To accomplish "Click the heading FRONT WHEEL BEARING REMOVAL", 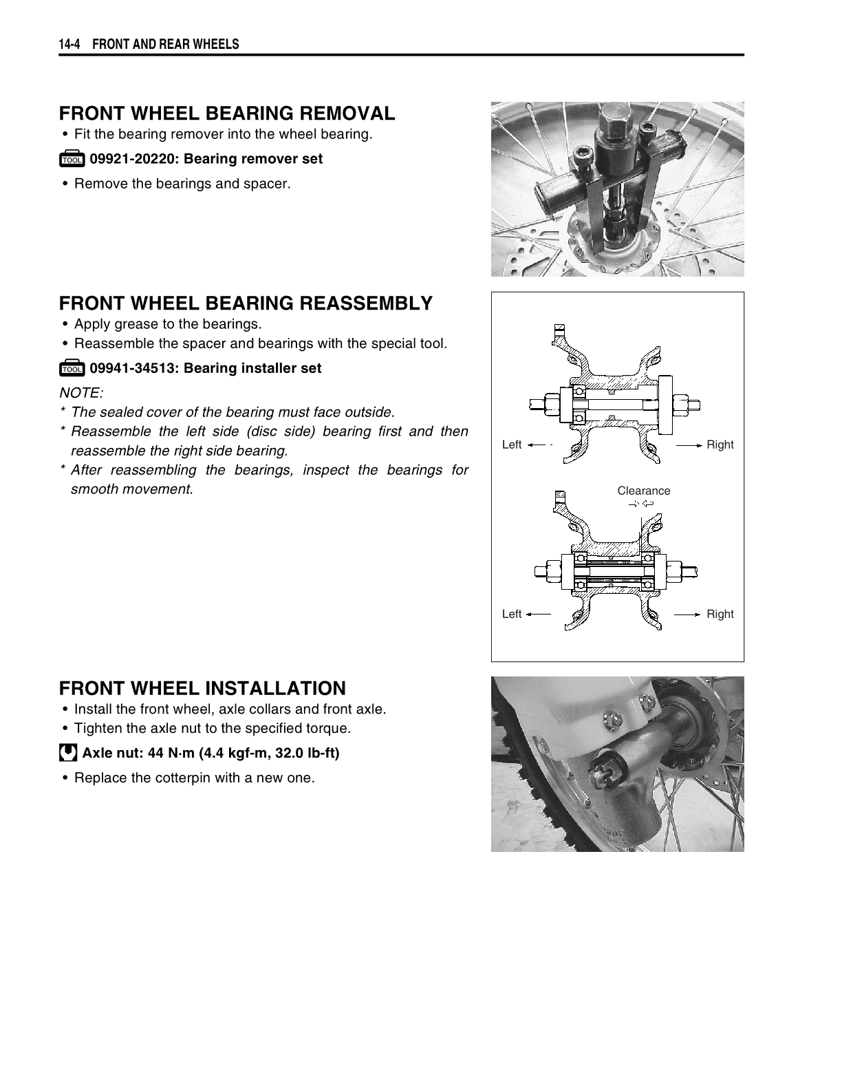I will [x=227, y=114].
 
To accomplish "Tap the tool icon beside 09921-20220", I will [x=72, y=160].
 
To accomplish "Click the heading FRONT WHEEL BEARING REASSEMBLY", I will [x=246, y=303].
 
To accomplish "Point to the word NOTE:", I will [x=81, y=393].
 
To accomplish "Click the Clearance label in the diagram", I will [x=643, y=491].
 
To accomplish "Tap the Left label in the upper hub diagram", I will [x=512, y=445].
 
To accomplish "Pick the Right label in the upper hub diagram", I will [x=720, y=445].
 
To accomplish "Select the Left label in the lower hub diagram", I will [x=512, y=614].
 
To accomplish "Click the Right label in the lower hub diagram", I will [x=720, y=614].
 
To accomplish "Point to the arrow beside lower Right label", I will [x=687, y=614].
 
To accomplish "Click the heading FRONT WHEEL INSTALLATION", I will [x=202, y=689].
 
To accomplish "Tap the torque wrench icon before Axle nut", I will [x=68, y=753].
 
